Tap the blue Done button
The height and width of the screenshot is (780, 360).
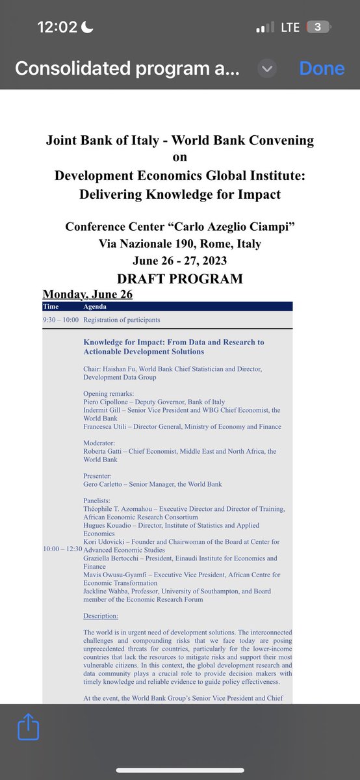321,68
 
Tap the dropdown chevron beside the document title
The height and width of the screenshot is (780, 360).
268,68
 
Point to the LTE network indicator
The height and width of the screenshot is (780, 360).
290,27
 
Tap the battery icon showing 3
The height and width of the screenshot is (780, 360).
318,27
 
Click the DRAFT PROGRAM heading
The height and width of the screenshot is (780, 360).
179,278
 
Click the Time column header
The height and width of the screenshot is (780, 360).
51,306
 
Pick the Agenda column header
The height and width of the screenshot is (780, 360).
95,306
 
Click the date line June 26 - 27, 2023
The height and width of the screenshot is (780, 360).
179,261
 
